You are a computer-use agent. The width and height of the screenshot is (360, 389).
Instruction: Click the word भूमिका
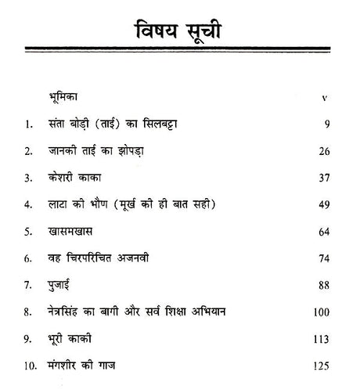[x=66, y=98]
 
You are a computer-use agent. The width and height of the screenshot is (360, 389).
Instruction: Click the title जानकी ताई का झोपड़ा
[x=99, y=149]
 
